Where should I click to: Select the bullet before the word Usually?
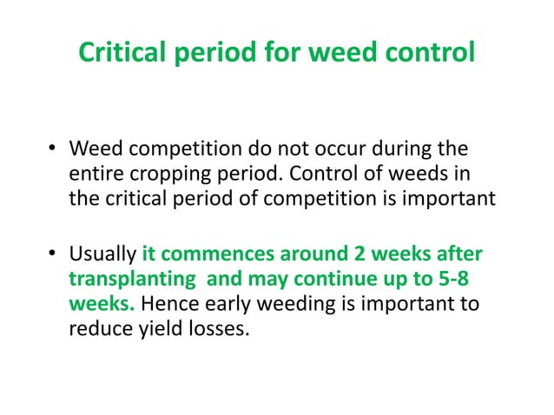click(52, 257)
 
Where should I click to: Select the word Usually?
click(102, 257)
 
